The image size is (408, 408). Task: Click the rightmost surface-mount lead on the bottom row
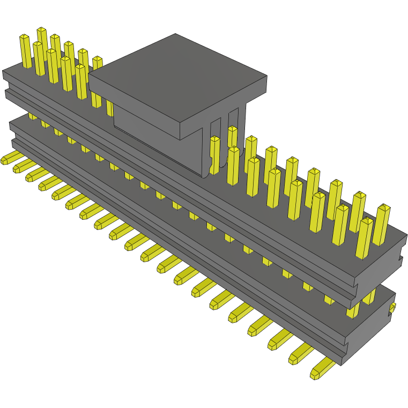322,369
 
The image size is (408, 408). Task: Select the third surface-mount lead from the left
35,174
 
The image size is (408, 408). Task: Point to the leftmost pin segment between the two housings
33,116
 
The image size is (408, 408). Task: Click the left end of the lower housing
13,134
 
